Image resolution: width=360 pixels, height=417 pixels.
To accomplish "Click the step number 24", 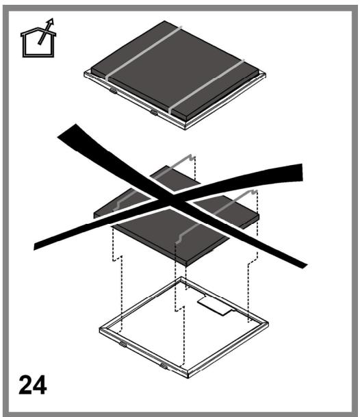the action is tap(32, 385).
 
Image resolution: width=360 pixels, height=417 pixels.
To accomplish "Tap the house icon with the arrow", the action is tap(38, 38).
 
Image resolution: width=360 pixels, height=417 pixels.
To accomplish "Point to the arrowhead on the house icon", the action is tap(50, 22).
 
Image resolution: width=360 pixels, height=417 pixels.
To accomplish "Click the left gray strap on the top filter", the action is tap(144, 53).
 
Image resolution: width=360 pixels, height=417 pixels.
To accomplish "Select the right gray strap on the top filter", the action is tap(206, 86).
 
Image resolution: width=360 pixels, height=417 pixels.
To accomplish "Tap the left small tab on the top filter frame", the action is tap(113, 90).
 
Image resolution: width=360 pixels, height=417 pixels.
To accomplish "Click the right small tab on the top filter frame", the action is tap(154, 112).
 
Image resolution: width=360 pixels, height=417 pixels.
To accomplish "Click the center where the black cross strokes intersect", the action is tap(170, 200).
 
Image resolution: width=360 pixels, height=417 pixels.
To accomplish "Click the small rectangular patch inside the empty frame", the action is tap(215, 306).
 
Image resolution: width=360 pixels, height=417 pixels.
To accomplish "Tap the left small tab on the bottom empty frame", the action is tap(123, 344).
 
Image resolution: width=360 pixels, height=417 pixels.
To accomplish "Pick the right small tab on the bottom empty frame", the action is tap(164, 366).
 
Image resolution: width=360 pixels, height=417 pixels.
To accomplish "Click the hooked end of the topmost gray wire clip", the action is tap(192, 157).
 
